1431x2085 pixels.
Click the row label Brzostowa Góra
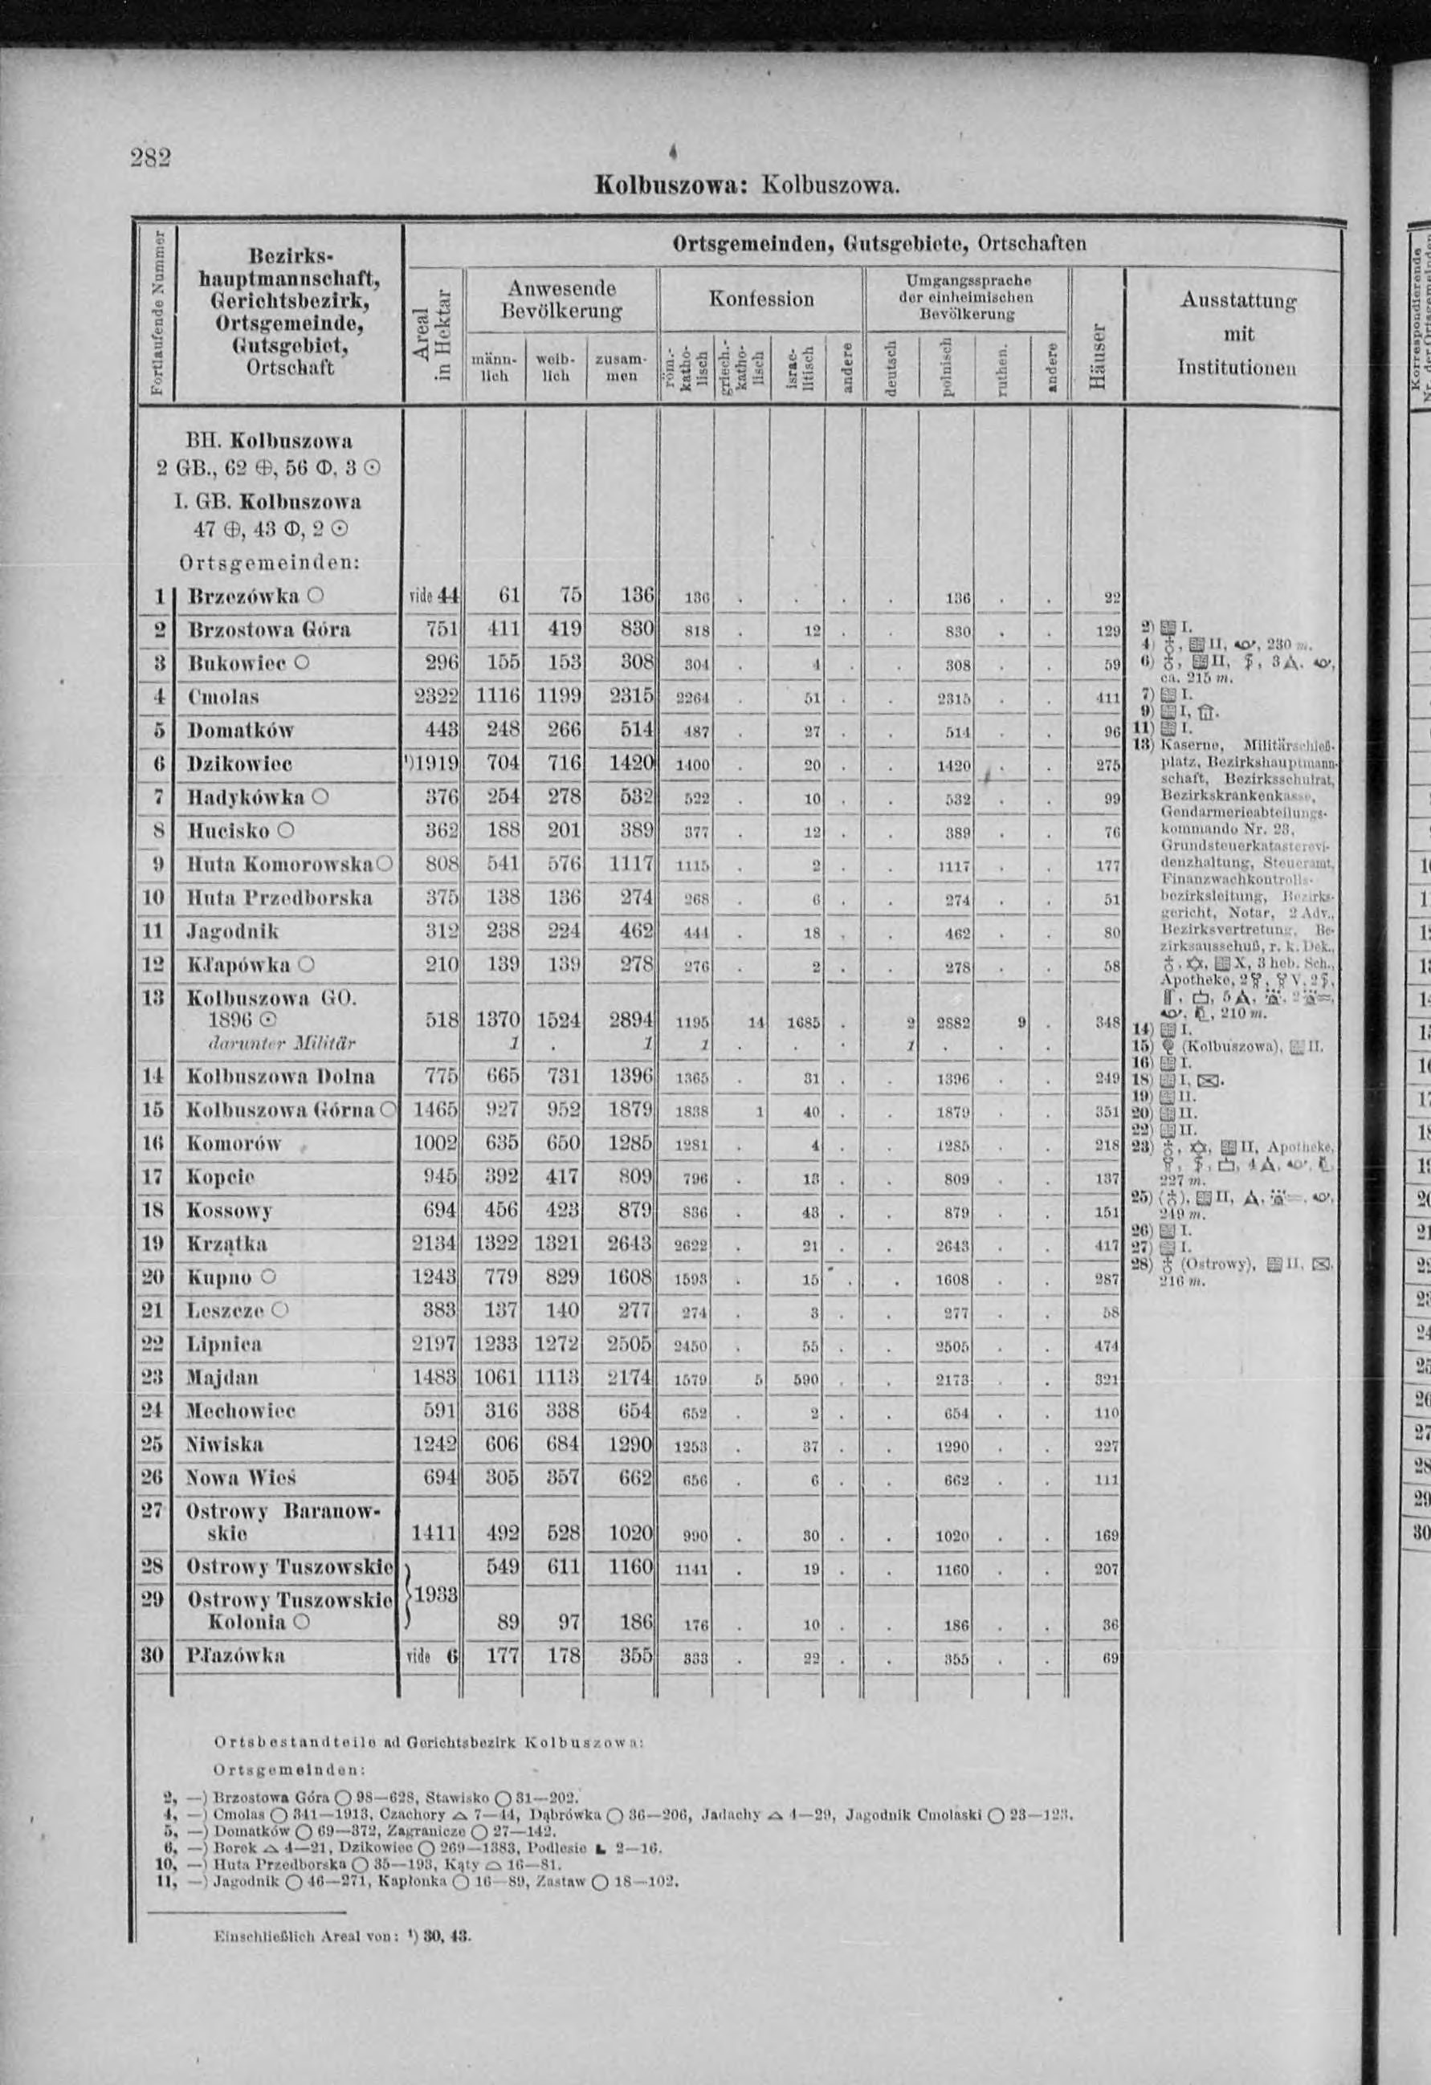[268, 629]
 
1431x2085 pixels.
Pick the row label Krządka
[227, 1244]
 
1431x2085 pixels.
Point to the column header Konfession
[760, 298]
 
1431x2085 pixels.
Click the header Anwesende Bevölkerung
[561, 299]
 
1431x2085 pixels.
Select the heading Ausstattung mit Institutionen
[1235, 334]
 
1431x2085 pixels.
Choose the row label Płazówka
[236, 1028]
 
